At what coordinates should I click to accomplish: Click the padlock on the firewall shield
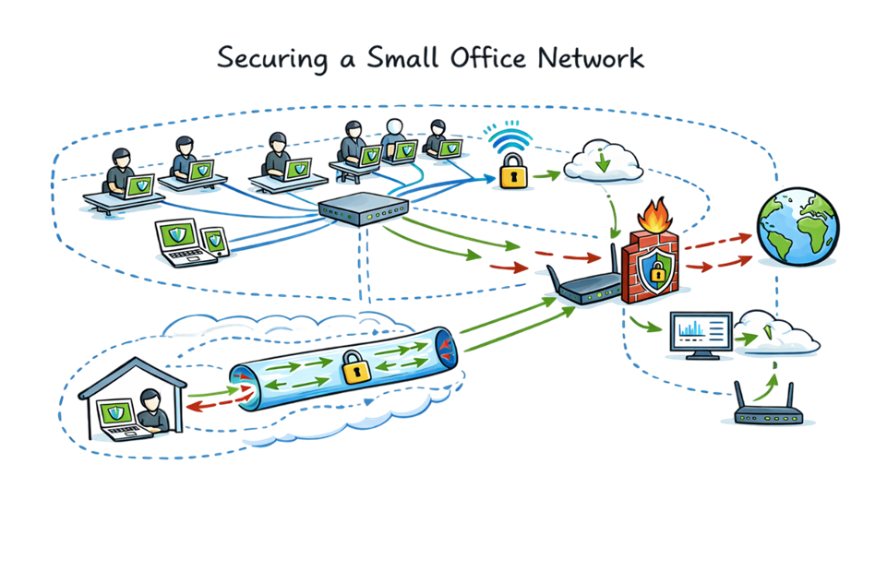(x=656, y=271)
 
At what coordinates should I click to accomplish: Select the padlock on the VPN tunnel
(x=354, y=366)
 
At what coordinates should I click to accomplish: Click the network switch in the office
(x=364, y=211)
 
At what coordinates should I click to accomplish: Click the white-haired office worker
(x=395, y=139)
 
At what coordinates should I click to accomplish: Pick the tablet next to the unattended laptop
(x=214, y=243)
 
